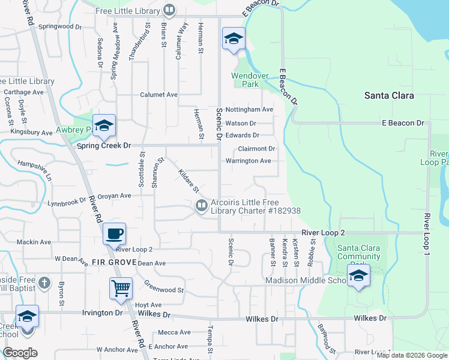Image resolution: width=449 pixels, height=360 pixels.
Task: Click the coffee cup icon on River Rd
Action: [113, 233]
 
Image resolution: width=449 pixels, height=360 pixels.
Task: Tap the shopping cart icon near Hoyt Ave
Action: [121, 288]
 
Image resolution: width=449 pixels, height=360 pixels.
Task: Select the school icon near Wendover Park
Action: [233, 39]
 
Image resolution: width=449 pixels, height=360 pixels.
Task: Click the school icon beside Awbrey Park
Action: [104, 125]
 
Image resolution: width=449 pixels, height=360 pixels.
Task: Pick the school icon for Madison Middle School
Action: [358, 275]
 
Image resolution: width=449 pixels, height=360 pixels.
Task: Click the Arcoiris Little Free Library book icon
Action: [201, 206]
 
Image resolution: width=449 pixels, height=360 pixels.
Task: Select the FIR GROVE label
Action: [113, 263]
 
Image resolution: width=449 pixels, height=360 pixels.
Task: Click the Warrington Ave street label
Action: [248, 161]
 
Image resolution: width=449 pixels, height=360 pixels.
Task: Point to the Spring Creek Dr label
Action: [103, 145]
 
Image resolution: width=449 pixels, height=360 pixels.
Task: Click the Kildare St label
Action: [188, 181]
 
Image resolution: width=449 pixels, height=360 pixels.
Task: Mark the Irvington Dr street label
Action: [102, 313]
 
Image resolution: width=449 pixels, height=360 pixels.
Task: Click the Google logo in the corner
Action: [20, 353]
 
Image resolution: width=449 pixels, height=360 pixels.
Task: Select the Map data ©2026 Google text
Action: [412, 355]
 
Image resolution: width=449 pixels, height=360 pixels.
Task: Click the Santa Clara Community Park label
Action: [359, 253]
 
